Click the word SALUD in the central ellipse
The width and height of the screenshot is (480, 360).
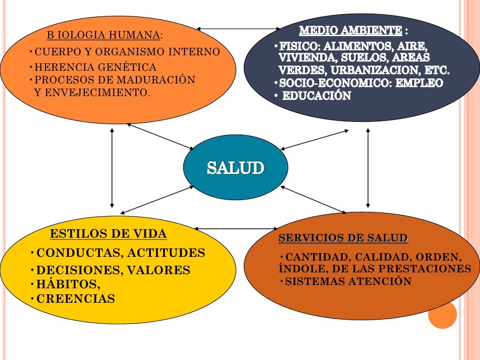235,168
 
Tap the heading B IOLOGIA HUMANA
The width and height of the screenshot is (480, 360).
104,35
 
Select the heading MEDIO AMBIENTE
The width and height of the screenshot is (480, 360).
350,31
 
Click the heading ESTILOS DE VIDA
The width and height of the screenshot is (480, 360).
108,234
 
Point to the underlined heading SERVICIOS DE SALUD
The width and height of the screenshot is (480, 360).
343,239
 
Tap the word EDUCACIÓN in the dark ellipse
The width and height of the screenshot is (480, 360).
316,96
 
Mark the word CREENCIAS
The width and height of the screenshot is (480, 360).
75,299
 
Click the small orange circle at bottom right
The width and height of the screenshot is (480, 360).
442,315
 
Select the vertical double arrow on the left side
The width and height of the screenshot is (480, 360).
112,167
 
